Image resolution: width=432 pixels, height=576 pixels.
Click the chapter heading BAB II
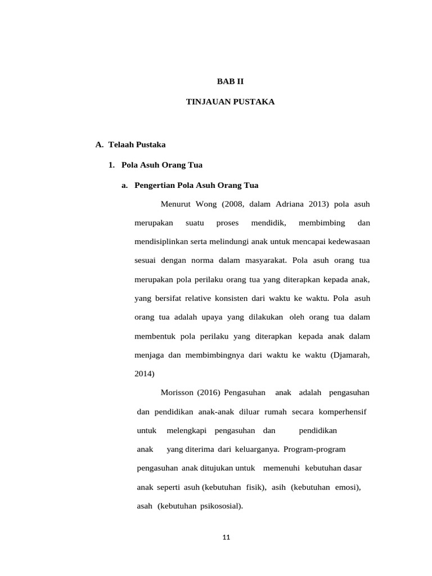pyautogui.click(x=231, y=82)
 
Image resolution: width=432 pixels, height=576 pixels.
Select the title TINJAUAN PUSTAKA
pyautogui.click(x=231, y=102)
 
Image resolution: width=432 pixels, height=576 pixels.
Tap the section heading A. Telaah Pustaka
pyautogui.click(x=130, y=145)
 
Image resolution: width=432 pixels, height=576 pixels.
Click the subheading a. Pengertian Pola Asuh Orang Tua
pyautogui.click(x=190, y=185)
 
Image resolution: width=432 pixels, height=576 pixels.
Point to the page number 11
pyautogui.click(x=226, y=537)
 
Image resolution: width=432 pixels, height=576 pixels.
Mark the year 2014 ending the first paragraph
pyautogui.click(x=145, y=373)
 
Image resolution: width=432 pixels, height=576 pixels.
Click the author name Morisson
pyautogui.click(x=177, y=392)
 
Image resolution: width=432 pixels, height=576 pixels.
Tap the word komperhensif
pyautogui.click(x=342, y=412)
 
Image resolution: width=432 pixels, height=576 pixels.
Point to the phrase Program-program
pyautogui.click(x=314, y=449)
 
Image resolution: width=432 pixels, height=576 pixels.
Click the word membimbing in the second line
pyautogui.click(x=322, y=223)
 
